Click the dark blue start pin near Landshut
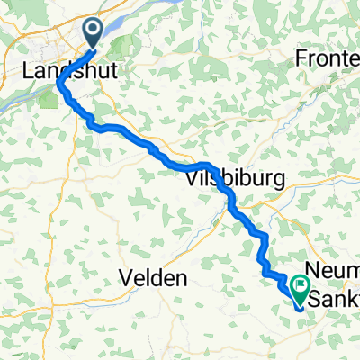(x=94, y=31)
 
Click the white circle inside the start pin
(x=94, y=29)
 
